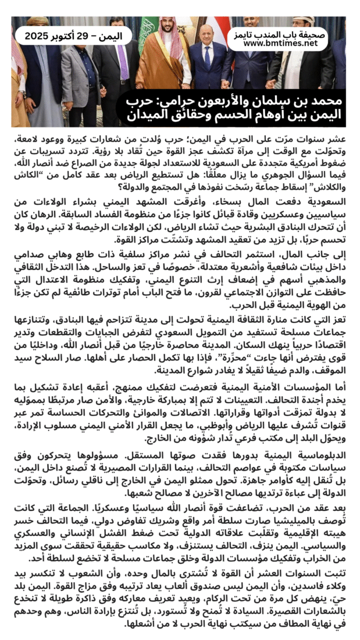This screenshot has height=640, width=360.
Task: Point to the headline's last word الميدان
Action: (148, 114)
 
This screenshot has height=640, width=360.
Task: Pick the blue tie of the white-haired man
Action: (208, 58)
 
